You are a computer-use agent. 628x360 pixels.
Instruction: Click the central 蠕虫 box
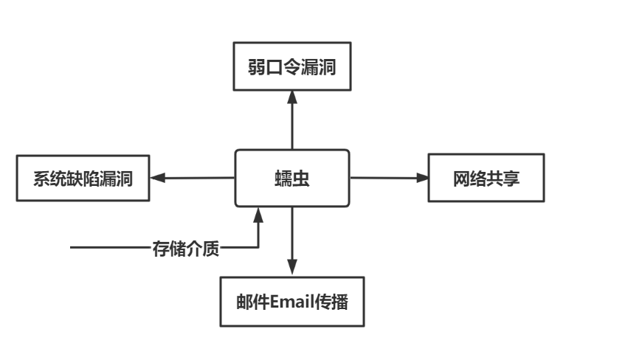click(x=291, y=178)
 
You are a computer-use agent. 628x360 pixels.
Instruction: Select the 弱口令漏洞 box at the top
click(x=291, y=66)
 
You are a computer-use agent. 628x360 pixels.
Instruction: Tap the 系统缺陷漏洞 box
click(x=83, y=178)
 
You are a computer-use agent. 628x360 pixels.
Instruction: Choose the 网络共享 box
click(x=486, y=178)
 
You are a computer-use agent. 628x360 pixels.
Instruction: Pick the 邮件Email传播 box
click(x=292, y=302)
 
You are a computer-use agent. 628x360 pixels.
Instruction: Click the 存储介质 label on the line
click(x=185, y=248)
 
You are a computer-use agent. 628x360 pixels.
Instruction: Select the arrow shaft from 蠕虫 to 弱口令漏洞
click(x=292, y=125)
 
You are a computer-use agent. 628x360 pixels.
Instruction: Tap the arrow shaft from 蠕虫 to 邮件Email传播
click(x=292, y=236)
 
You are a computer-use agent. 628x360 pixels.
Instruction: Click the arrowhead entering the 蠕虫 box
click(x=258, y=214)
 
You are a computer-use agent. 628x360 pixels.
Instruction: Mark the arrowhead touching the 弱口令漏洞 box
click(x=292, y=97)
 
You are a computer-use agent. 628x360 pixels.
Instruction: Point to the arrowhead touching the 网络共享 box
click(x=422, y=178)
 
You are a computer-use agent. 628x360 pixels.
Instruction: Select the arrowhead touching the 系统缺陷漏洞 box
click(x=156, y=178)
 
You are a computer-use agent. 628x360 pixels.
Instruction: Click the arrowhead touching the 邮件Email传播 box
click(x=292, y=270)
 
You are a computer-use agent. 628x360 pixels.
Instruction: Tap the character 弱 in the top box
click(x=257, y=66)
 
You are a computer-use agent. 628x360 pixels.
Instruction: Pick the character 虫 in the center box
click(x=302, y=178)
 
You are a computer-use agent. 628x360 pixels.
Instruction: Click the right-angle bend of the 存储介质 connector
click(x=258, y=248)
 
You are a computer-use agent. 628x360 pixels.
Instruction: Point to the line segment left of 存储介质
click(x=111, y=248)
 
